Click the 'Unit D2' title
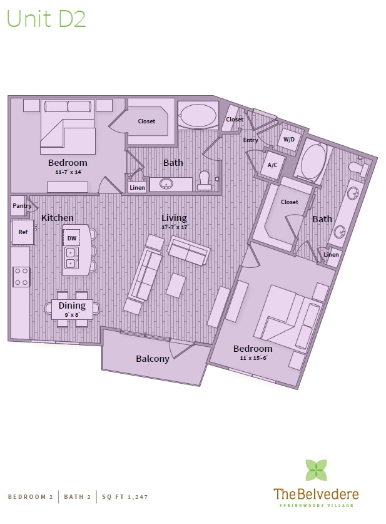click(46, 19)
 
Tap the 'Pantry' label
click(22, 206)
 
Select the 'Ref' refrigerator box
click(23, 232)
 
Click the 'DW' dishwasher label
click(72, 239)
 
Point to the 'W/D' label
click(289, 139)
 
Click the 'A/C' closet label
click(272, 165)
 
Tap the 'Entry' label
click(250, 140)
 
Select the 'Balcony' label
click(153, 359)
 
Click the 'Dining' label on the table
click(72, 306)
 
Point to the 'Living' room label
click(174, 218)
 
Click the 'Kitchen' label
click(58, 218)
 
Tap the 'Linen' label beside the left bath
click(137, 187)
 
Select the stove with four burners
click(21, 276)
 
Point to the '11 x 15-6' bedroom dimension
click(253, 357)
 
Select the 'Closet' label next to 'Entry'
click(235, 120)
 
